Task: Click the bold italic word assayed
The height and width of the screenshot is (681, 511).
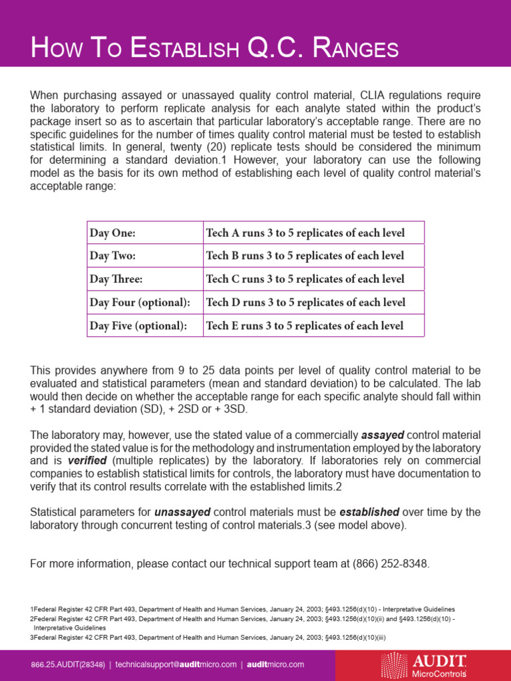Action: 383,436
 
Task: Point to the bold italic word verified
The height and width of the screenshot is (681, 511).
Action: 89,460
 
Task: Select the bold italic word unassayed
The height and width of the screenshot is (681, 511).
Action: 182,512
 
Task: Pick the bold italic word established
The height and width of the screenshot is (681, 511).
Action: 369,512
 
